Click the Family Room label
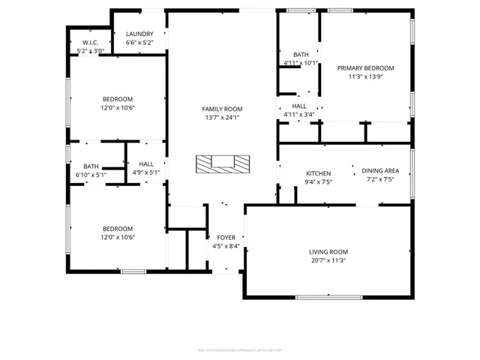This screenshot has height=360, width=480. (223, 109)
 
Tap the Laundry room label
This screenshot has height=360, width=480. (139, 34)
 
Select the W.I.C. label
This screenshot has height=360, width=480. (91, 42)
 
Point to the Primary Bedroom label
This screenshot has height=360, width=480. (365, 67)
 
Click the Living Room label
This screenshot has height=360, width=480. (328, 252)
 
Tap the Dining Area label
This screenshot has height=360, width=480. (380, 170)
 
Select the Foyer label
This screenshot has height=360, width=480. (226, 237)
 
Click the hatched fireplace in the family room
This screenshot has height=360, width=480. (221, 163)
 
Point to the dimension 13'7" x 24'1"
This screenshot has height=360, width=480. (223, 117)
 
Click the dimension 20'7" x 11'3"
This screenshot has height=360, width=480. (328, 260)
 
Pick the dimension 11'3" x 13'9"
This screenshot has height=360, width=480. (365, 76)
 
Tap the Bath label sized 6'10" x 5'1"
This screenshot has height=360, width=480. (91, 166)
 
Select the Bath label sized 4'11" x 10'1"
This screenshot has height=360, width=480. (301, 55)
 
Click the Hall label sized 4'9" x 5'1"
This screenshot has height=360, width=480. (146, 163)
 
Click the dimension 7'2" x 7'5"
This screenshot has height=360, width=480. (380, 179)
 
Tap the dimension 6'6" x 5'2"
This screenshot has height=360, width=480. (139, 43)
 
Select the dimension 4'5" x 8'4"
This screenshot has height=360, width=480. (226, 246)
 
